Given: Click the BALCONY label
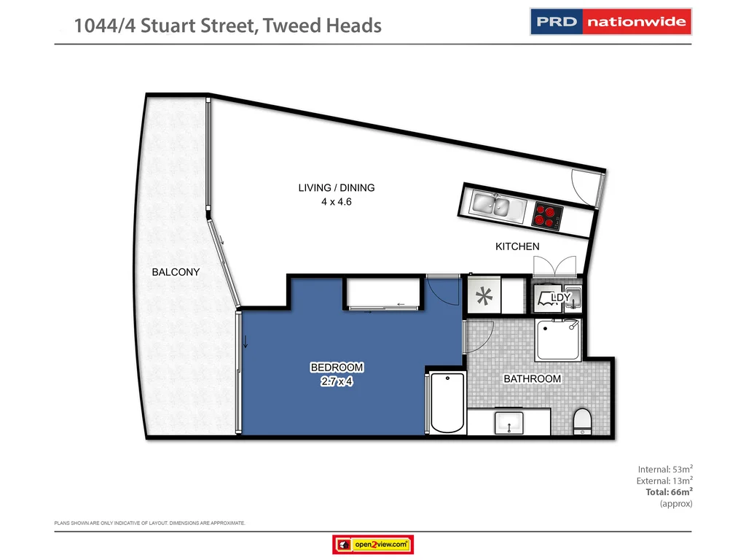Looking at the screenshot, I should coord(176,272).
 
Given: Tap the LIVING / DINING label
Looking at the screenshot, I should coord(337,188).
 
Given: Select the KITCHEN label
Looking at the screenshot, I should coord(517,246).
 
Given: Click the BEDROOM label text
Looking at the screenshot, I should coord(337,367).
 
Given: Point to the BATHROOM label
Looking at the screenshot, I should coord(533,379).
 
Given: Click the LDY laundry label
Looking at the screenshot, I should coord(560,297).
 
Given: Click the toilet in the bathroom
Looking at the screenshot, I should coord(582,421).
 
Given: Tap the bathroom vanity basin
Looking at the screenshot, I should coord(509,421).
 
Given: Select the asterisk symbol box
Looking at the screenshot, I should coord(483,296).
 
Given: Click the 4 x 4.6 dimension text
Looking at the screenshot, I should coord(337,202).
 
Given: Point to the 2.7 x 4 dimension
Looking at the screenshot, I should coord(337,381).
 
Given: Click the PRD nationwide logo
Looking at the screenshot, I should coord(610,22).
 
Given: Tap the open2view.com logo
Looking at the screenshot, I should coord(373,544).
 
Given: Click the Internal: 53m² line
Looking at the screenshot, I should coord(665,469).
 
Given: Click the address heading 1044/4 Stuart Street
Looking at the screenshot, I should coord(228,26).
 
